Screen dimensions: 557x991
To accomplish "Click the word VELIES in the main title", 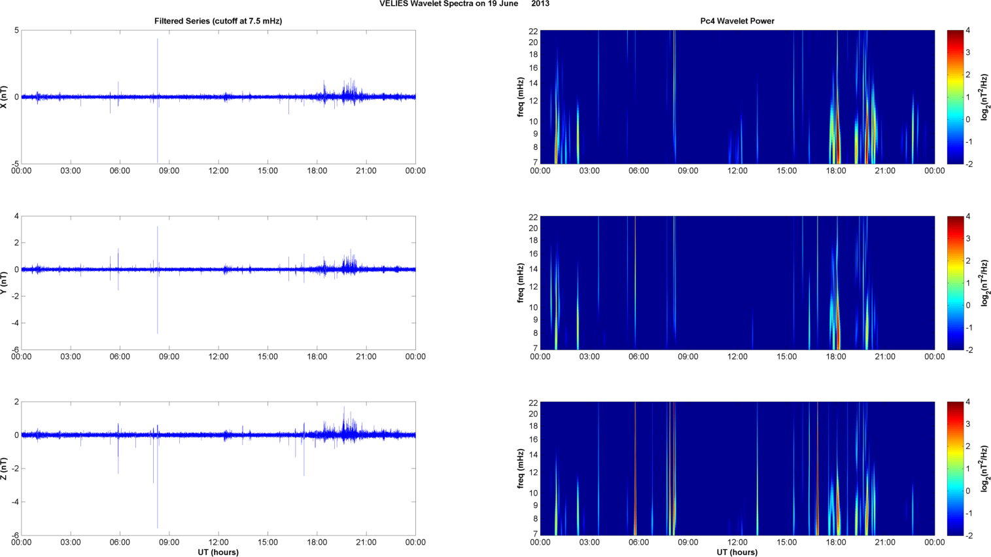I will click(x=393, y=4).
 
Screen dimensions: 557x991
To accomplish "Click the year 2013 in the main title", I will click(x=540, y=4).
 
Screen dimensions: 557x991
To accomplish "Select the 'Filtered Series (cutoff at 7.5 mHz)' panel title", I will click(x=218, y=21).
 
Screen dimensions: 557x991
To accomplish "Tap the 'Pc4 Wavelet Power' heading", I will click(x=737, y=21).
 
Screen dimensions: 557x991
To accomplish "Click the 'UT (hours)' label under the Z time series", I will click(x=218, y=552).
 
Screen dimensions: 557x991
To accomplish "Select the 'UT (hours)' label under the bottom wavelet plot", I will click(x=737, y=552).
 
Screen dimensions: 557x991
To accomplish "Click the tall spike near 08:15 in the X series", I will click(x=158, y=65).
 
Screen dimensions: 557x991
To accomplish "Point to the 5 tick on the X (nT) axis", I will click(x=16, y=31).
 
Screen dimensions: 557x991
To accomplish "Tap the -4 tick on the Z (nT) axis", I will click(x=14, y=502).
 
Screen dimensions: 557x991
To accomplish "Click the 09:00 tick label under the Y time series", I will click(x=169, y=357).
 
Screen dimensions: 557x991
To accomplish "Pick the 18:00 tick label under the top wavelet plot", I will click(x=836, y=171).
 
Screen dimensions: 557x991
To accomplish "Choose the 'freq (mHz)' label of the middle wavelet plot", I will click(x=521, y=283).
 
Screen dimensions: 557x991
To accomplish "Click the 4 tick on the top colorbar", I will click(x=967, y=31).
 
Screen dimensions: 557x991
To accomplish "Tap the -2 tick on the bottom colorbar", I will click(x=969, y=535).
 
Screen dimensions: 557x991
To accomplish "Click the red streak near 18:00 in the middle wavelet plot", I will click(x=838, y=331).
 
